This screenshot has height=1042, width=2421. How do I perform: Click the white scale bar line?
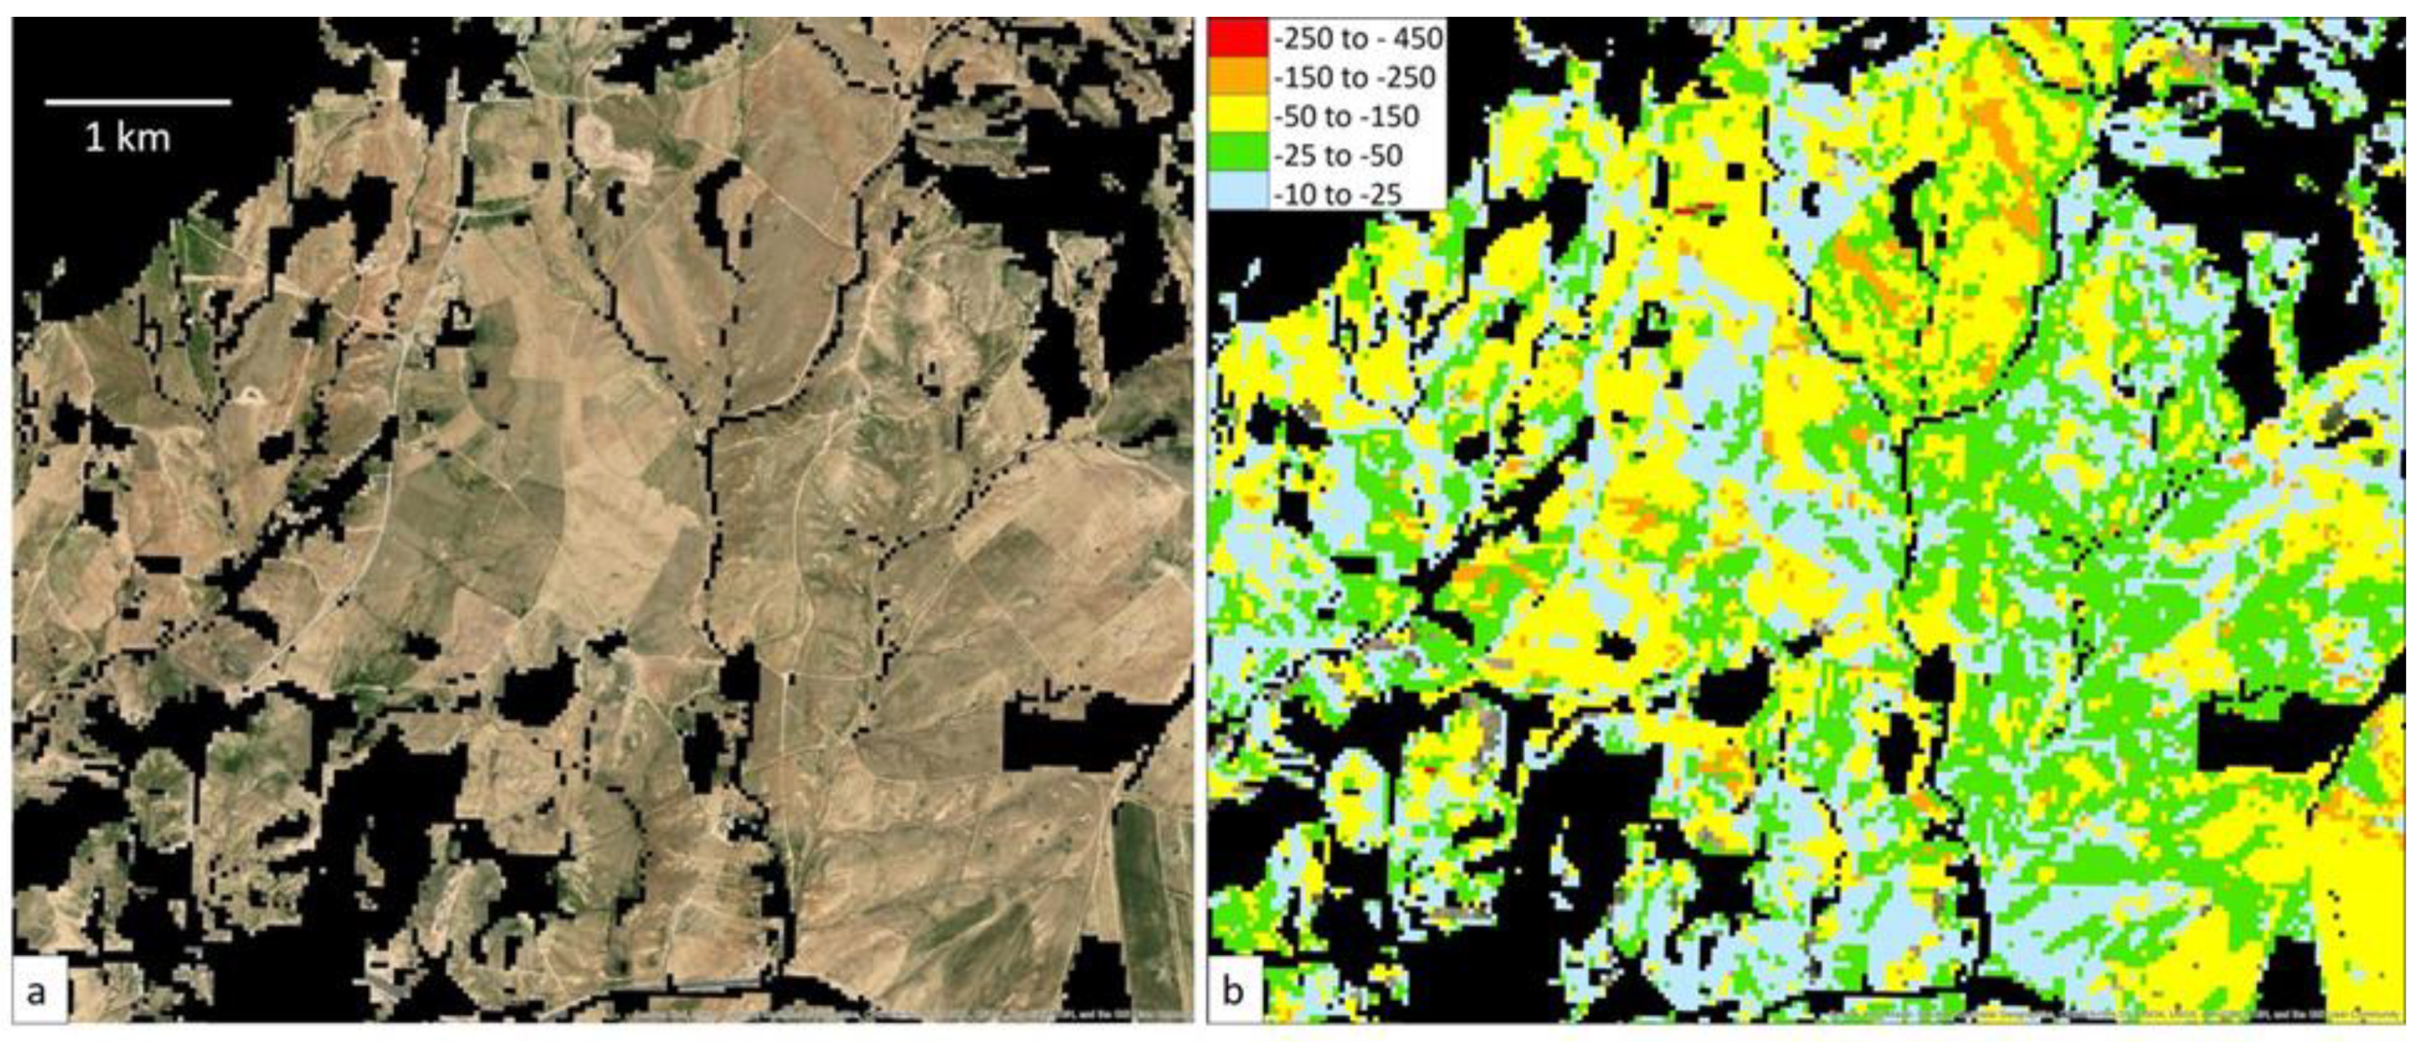(138, 101)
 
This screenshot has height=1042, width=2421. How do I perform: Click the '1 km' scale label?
(128, 139)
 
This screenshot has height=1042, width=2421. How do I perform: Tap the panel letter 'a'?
(36, 991)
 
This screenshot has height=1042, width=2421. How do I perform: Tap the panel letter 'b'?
(1232, 991)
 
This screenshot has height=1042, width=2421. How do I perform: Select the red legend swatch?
(1238, 37)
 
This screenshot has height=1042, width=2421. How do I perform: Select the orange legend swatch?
(1238, 77)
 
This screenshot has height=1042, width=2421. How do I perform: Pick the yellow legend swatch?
(1238, 116)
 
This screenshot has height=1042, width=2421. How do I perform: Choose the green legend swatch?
(1238, 155)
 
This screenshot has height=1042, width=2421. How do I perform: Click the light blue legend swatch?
(1238, 193)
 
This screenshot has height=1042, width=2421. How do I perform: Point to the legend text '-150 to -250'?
(1355, 78)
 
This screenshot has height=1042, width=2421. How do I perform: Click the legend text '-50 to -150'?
(1346, 116)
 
